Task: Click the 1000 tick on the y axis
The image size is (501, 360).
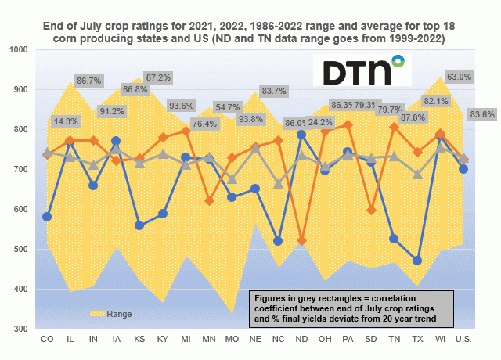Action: click(x=17, y=49)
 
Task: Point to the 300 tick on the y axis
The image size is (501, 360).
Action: click(x=20, y=329)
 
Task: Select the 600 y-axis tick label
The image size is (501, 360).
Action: click(x=20, y=210)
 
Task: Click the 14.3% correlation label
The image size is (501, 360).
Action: click(x=66, y=121)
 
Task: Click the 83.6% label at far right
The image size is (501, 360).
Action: click(x=481, y=114)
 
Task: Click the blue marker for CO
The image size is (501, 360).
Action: click(x=47, y=217)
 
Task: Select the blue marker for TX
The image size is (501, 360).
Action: click(x=417, y=261)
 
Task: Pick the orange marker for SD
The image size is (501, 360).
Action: click(x=371, y=211)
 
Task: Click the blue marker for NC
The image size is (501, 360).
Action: click(x=278, y=241)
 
